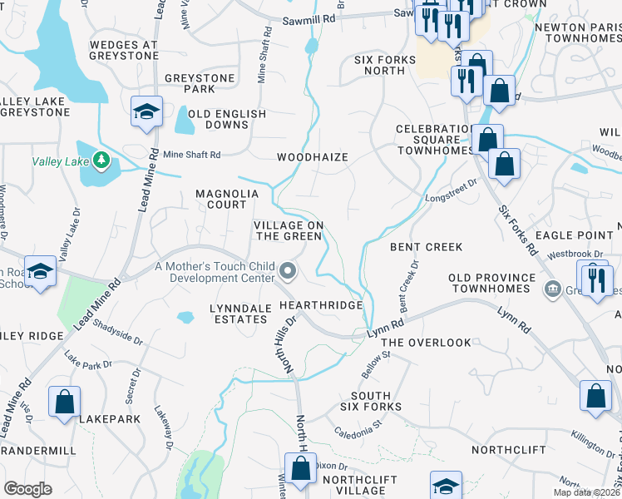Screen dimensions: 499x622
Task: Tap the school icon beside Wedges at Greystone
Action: (x=146, y=113)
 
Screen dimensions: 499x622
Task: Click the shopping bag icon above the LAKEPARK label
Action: (x=64, y=403)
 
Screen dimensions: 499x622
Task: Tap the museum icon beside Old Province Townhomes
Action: (x=551, y=289)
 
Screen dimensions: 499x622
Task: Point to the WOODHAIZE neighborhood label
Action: (x=312, y=156)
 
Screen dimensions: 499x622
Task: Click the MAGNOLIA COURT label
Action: (x=227, y=200)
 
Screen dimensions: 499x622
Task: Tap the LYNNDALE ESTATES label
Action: (x=241, y=314)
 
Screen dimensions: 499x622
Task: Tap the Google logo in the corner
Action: (x=27, y=488)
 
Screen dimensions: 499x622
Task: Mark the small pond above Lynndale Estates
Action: (x=186, y=316)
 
